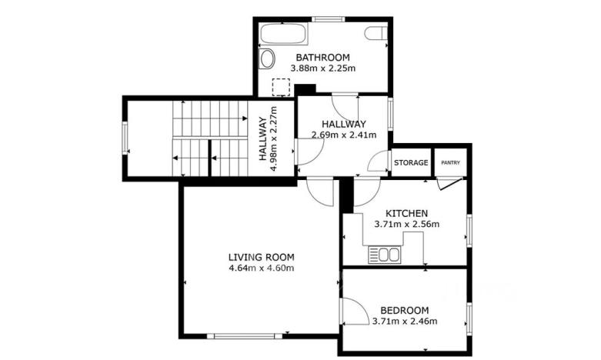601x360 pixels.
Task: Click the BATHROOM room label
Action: coord(322,58)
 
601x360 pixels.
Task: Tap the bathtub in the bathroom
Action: coord(282,35)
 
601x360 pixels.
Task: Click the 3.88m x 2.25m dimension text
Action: coord(322,68)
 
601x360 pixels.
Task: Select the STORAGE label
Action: coord(411,163)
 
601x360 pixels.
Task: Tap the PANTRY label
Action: coord(451,163)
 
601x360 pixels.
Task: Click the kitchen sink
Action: coord(384,253)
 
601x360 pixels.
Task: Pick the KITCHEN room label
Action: coord(406,213)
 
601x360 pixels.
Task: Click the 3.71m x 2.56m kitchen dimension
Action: coord(406,225)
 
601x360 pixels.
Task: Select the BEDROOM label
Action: coord(404,310)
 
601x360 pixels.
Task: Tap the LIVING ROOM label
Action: coord(261,257)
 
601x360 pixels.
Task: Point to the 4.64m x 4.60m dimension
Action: coord(261,268)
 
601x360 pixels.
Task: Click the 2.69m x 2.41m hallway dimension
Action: coord(344,135)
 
